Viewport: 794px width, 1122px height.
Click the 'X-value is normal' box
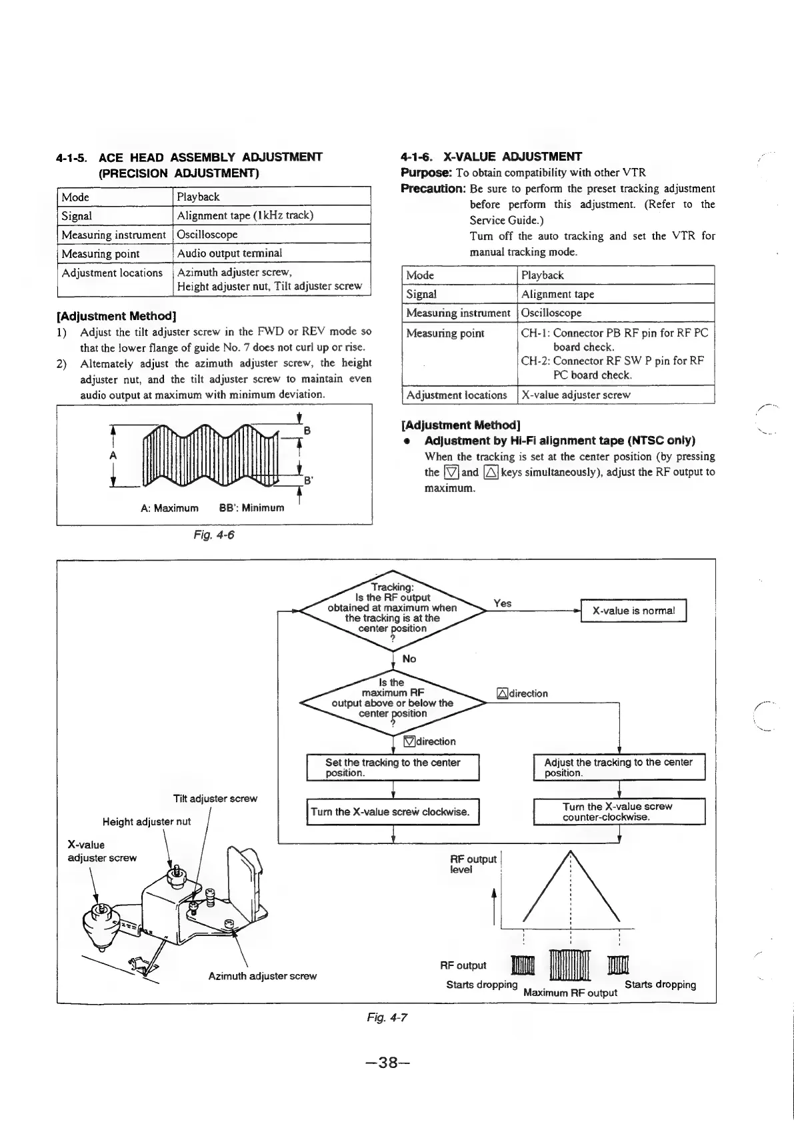(633, 611)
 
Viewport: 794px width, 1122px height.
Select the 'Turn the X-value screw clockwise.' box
(393, 811)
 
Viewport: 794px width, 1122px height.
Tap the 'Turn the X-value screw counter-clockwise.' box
(619, 811)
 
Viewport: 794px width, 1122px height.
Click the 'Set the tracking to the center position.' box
(393, 767)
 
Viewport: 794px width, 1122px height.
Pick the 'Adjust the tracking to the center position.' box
(619, 767)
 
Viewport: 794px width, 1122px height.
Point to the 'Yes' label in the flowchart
(503, 603)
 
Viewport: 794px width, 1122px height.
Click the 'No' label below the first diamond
(409, 659)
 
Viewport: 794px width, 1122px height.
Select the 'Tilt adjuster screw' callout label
(215, 799)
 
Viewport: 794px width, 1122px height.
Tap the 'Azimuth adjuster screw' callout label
(262, 976)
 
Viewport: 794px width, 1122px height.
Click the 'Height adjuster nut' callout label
(147, 821)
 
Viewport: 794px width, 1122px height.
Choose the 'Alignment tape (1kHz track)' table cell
(245, 215)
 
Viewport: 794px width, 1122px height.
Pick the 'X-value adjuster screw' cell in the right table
(575, 395)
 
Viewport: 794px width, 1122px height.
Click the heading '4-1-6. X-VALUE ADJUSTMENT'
(491, 157)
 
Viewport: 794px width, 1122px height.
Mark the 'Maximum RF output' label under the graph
(571, 993)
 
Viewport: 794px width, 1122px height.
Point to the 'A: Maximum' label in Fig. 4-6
(169, 508)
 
